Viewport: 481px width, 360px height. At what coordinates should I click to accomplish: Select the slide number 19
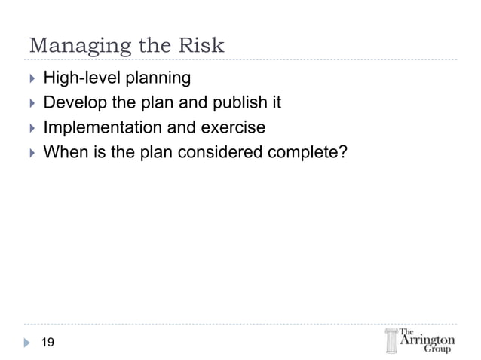47,343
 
